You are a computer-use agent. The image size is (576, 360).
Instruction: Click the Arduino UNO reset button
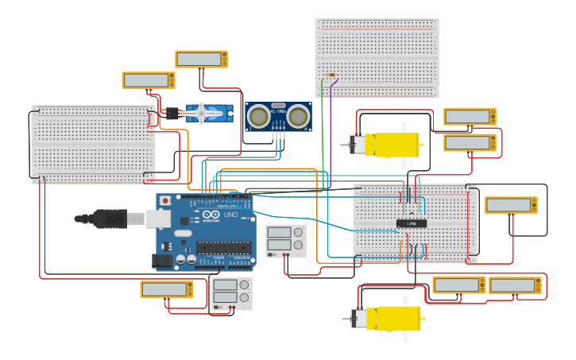[165, 200]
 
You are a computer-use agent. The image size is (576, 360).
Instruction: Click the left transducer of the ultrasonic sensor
[258, 117]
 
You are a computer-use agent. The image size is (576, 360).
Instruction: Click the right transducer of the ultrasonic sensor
[298, 117]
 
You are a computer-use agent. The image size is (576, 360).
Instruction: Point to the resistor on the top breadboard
[331, 76]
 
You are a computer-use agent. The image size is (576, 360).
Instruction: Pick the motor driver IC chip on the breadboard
[412, 223]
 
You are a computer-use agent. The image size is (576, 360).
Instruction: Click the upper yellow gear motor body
[395, 144]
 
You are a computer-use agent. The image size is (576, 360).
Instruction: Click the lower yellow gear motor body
[396, 318]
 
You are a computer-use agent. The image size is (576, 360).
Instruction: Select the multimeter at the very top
[201, 59]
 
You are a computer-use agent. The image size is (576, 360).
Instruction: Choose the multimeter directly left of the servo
[148, 80]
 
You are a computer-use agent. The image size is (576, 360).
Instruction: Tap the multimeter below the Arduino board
[167, 289]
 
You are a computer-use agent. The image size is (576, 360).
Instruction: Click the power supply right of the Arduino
[285, 241]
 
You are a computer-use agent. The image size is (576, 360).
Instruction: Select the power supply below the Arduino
[232, 294]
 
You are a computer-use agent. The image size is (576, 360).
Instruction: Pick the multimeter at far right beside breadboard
[511, 205]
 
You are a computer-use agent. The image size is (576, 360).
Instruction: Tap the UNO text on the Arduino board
[230, 215]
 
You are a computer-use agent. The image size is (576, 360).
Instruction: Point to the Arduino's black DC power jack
[163, 259]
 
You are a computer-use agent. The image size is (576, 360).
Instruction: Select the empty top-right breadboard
[377, 57]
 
